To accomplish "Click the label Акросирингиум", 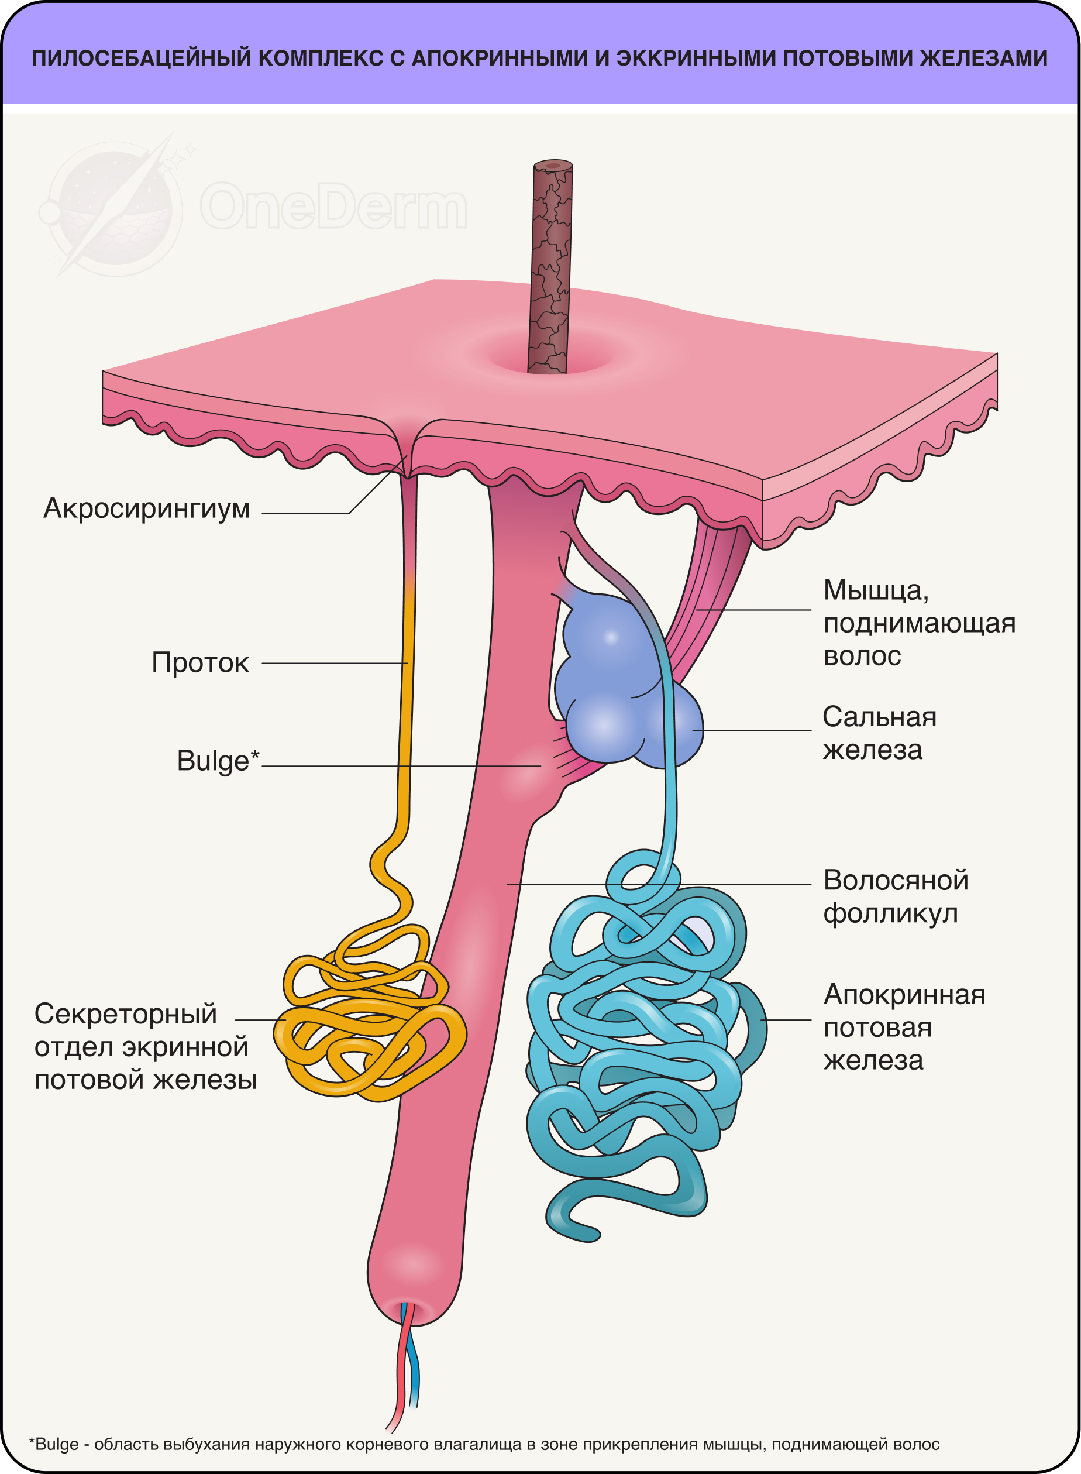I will tap(147, 508).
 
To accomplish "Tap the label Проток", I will tap(200, 663).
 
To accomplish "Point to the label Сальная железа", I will tap(879, 733).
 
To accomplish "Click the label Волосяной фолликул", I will tap(895, 896).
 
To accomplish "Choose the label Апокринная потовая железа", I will tap(904, 1027).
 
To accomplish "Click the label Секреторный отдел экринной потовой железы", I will tap(144, 1047).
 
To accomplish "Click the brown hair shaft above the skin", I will tap(551, 262).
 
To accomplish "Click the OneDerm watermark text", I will tap(334, 206).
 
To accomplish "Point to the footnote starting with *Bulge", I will tap(484, 1444).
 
